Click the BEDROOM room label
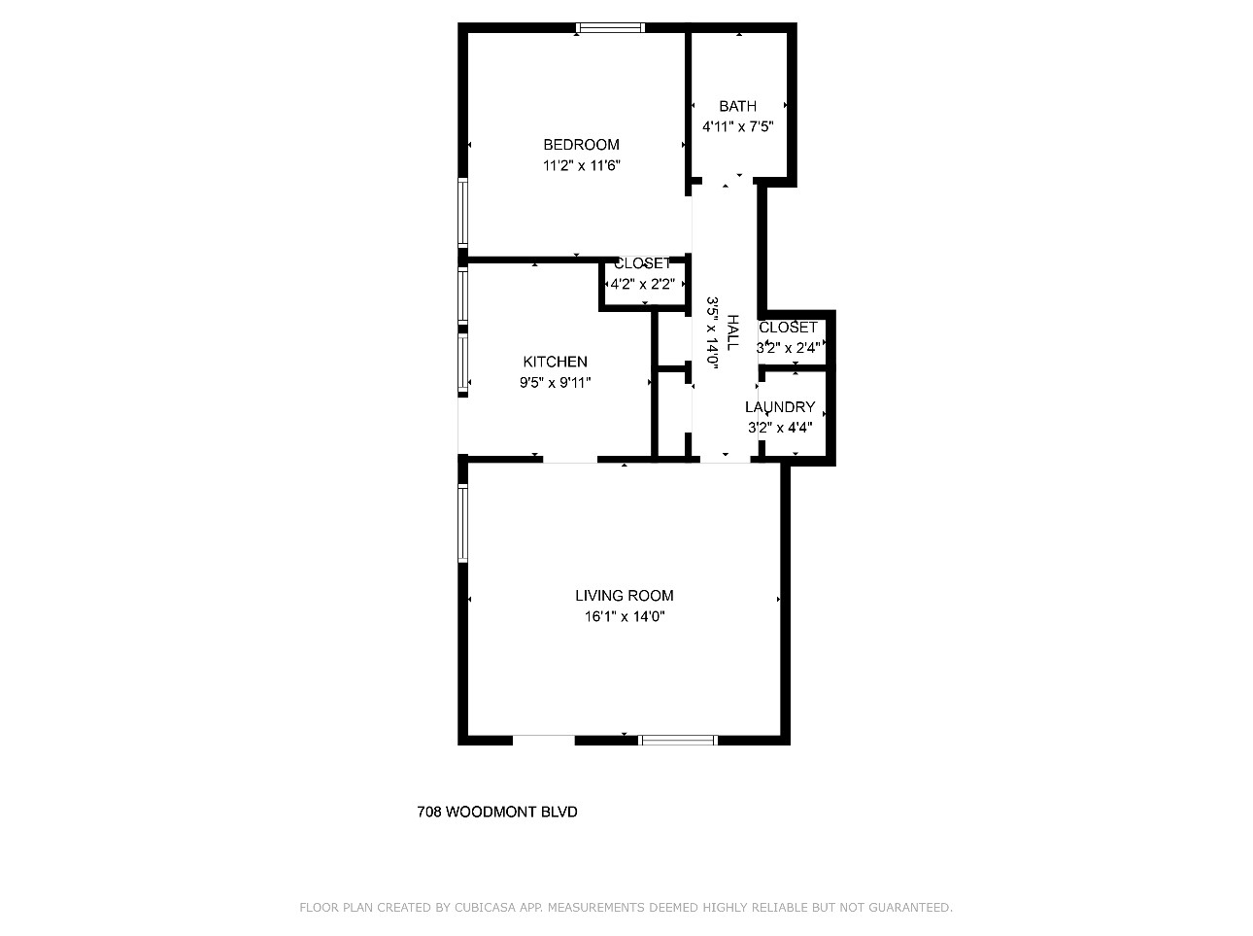[x=581, y=145]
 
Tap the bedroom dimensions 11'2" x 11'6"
[x=581, y=165]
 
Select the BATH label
[x=737, y=106]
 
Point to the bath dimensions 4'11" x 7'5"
[x=737, y=126]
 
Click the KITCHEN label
[x=555, y=362]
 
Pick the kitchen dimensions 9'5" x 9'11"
[x=555, y=383]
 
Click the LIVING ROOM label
[x=624, y=596]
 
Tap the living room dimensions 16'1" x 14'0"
[x=625, y=617]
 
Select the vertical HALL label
[x=731, y=332]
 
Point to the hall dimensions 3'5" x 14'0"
[x=711, y=332]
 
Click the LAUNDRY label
[x=780, y=407]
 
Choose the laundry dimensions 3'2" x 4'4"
[x=780, y=428]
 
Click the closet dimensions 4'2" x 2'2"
[x=643, y=284]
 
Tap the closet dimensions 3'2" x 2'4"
[x=789, y=348]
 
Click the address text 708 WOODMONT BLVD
[x=497, y=813]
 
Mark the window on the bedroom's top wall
[x=610, y=27]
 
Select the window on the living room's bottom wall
[x=678, y=740]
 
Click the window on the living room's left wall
[x=463, y=523]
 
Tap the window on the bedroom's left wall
[x=463, y=213]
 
